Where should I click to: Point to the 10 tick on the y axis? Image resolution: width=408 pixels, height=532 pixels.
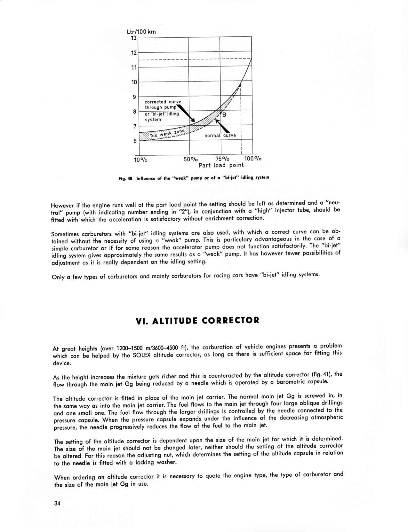[134, 82]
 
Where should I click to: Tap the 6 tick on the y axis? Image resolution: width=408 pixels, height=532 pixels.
[135, 141]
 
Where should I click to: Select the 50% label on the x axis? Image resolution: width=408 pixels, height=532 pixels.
[191, 159]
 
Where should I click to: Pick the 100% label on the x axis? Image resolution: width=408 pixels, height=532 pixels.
[253, 159]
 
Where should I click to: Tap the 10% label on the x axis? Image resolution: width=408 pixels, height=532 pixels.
[140, 160]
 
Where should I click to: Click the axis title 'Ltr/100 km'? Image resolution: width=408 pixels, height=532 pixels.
[141, 32]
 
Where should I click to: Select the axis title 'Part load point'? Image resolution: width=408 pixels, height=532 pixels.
[221, 165]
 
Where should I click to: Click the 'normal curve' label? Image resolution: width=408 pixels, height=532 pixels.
[220, 135]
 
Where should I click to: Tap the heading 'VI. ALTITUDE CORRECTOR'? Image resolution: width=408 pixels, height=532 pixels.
[197, 321]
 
